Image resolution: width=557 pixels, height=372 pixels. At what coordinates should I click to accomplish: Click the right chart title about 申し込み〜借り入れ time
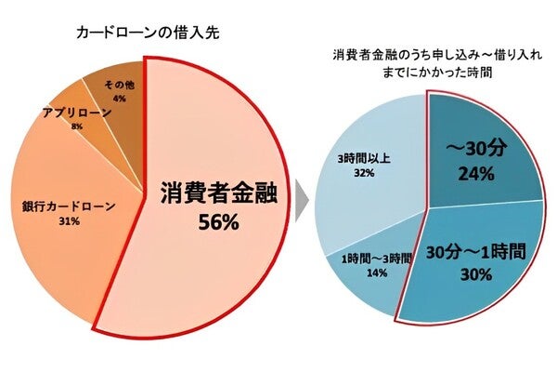tap(427, 62)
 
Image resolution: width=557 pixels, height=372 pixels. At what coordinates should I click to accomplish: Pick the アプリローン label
tap(77, 112)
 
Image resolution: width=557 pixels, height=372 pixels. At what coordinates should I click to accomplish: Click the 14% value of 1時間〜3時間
tap(376, 274)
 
